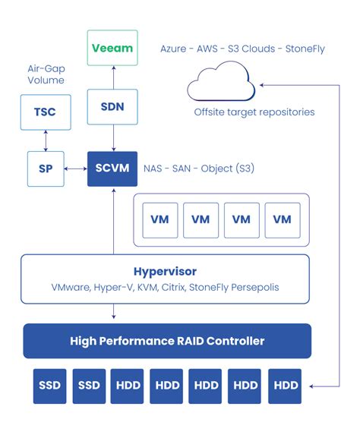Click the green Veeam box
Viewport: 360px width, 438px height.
(x=112, y=48)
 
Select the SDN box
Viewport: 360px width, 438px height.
(x=112, y=106)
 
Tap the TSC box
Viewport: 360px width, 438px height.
(x=46, y=112)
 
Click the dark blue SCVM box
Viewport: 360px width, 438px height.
(x=112, y=167)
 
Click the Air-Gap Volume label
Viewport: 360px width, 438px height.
(x=46, y=74)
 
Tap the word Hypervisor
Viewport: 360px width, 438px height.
(x=166, y=272)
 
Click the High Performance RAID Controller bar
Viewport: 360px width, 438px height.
(x=167, y=341)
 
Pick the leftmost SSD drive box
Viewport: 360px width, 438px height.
(x=48, y=385)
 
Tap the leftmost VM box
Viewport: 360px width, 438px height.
(x=159, y=219)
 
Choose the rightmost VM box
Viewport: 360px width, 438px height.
(x=282, y=219)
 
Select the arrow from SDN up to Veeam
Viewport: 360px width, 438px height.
(x=112, y=77)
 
